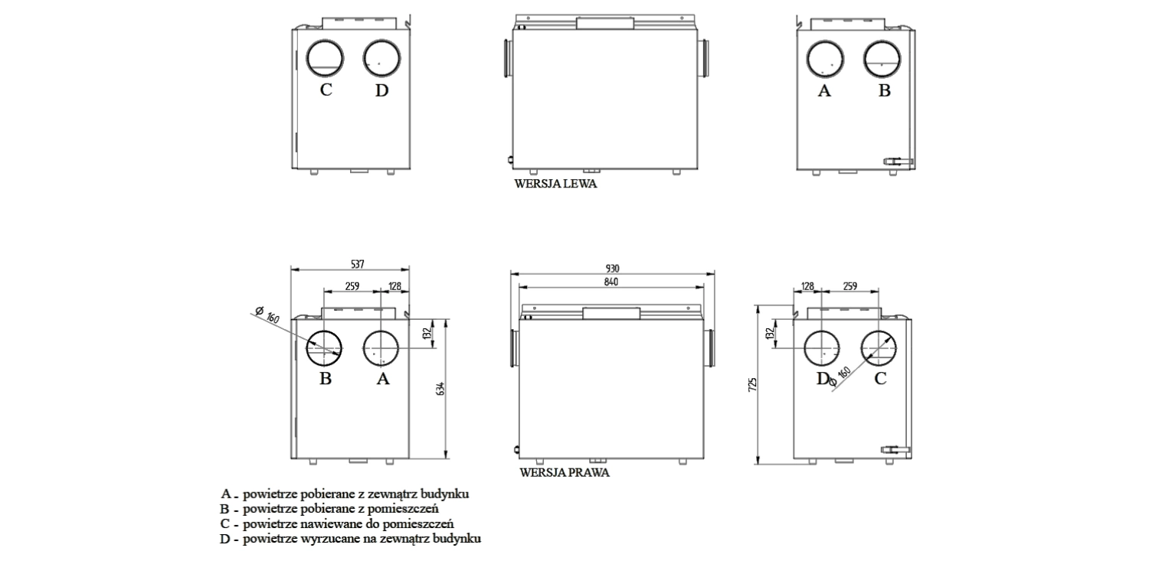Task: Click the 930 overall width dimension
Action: pos(612,268)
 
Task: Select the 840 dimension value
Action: pos(611,282)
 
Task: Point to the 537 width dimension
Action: pos(357,264)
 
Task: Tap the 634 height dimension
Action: pos(441,388)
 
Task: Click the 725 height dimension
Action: pos(753,383)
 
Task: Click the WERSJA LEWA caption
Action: pos(556,184)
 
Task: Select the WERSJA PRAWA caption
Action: pos(565,473)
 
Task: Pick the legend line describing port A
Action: pos(345,494)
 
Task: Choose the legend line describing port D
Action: pos(350,540)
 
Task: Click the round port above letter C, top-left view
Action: pos(326,58)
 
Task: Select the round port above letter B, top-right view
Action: pos(883,58)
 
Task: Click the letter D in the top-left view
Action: pos(382,90)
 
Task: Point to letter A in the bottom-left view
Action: pos(382,379)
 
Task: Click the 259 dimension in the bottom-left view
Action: pos(352,286)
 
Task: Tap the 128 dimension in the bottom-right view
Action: pos(807,285)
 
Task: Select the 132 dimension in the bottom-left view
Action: pos(427,334)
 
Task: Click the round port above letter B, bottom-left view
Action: pos(326,351)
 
